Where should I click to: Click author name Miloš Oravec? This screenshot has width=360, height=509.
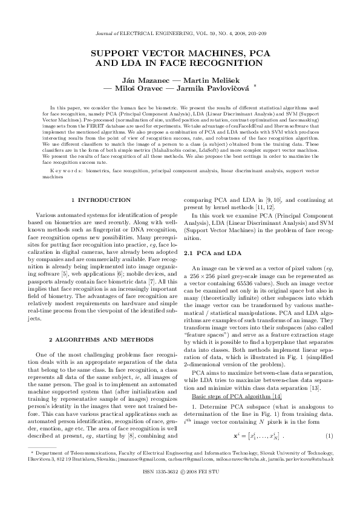click(142, 88)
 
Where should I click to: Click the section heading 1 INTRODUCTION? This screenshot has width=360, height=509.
click(101, 199)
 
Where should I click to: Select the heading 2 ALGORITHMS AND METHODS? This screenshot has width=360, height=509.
click(101, 340)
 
